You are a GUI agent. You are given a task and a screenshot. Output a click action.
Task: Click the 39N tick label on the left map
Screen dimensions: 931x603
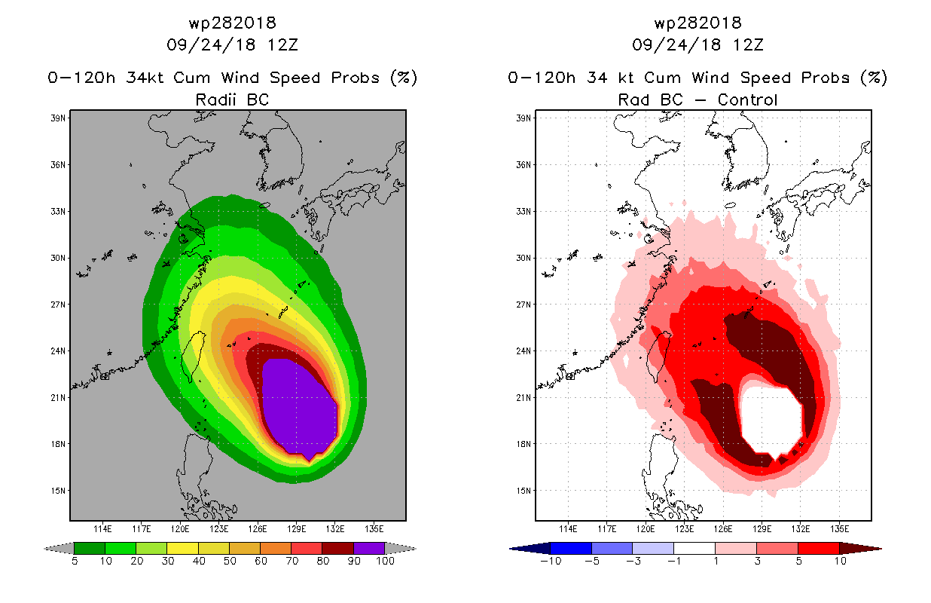tap(58, 118)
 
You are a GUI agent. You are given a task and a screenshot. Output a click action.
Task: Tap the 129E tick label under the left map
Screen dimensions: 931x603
tap(296, 529)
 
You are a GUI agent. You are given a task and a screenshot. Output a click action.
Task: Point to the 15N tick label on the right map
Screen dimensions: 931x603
tap(523, 491)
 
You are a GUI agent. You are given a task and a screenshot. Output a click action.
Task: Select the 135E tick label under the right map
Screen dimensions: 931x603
tap(839, 529)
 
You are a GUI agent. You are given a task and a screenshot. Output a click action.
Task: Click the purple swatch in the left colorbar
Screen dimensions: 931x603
tap(369, 548)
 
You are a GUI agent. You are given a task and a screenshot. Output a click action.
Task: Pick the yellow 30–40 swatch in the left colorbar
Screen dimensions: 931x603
tap(182, 548)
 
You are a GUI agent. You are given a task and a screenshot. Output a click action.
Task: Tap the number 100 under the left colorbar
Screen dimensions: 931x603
tap(385, 561)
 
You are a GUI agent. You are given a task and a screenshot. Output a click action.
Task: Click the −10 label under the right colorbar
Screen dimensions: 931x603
tap(551, 561)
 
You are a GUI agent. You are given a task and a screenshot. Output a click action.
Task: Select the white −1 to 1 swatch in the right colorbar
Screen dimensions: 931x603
tap(694, 548)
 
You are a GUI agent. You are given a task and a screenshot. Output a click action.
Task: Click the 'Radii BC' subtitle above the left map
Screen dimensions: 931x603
tap(232, 99)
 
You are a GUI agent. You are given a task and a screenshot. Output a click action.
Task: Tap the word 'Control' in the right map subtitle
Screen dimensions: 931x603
tap(747, 99)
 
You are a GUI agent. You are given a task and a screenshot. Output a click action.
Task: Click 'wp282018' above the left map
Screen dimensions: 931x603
tap(232, 23)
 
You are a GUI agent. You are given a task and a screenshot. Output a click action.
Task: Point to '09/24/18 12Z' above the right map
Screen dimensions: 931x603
tap(697, 45)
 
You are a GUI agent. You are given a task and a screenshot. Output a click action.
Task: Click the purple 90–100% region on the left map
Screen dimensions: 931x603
tap(298, 408)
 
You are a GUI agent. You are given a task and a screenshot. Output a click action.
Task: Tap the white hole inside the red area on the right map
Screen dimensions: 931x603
tap(771, 420)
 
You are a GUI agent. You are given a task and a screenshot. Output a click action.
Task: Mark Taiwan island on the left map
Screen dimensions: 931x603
tap(194, 356)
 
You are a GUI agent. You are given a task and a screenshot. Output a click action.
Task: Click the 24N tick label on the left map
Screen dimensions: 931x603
tap(58, 351)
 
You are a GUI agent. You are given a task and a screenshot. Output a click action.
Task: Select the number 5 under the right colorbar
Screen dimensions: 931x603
tap(798, 561)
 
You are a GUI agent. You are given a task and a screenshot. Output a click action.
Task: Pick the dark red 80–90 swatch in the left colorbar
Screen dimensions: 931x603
tap(338, 548)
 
